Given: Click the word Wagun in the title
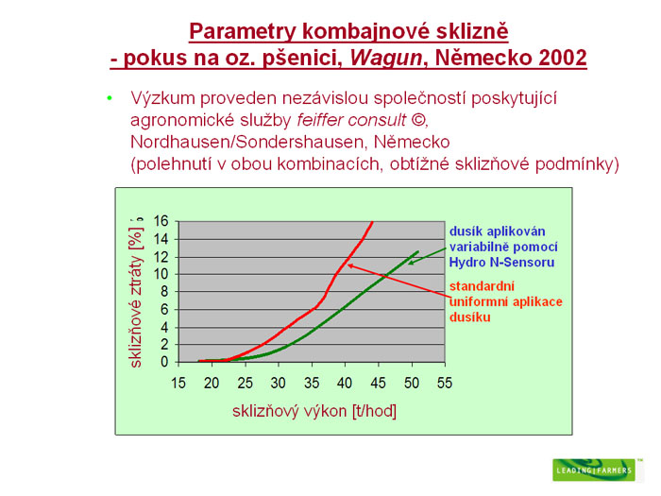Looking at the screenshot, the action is tap(385, 58).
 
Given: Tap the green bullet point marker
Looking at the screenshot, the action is tap(110, 98).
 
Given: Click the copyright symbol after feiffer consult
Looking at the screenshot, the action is tap(417, 120).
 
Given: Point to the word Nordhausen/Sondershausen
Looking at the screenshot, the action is tap(247, 142).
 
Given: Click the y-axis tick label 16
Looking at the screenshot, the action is tap(161, 220).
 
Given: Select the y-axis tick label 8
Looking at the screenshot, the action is tap(164, 291).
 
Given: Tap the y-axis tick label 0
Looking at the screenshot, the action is tap(164, 362).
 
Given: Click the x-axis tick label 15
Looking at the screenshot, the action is tap(178, 383).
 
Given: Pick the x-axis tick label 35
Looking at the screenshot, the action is tap(312, 383).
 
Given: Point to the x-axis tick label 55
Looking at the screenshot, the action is tap(445, 383).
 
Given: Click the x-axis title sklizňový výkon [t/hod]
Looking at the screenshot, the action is tap(314, 410).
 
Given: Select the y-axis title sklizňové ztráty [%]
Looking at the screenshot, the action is tap(136, 293).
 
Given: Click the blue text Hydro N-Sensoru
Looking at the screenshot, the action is tap(501, 263).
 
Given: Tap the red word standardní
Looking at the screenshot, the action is tap(482, 286).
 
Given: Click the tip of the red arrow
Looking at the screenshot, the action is tap(347, 265).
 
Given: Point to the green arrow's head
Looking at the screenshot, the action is tap(409, 265).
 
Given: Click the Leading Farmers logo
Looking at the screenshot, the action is tap(594, 470).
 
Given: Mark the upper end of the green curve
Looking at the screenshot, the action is tap(417, 252).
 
